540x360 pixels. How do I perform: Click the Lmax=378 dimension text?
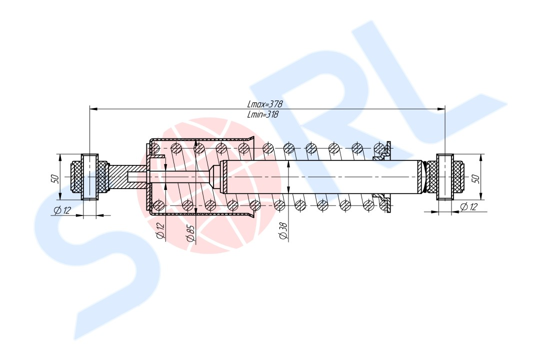coord(264,104)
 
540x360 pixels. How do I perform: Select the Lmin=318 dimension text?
coord(262,114)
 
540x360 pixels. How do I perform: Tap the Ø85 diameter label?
coord(190,233)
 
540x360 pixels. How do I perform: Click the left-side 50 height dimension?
coord(55,178)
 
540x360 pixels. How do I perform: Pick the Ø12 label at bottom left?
coord(62,210)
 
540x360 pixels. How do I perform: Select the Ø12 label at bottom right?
coord(469,206)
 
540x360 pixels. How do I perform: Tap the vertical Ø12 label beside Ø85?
coord(160,231)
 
